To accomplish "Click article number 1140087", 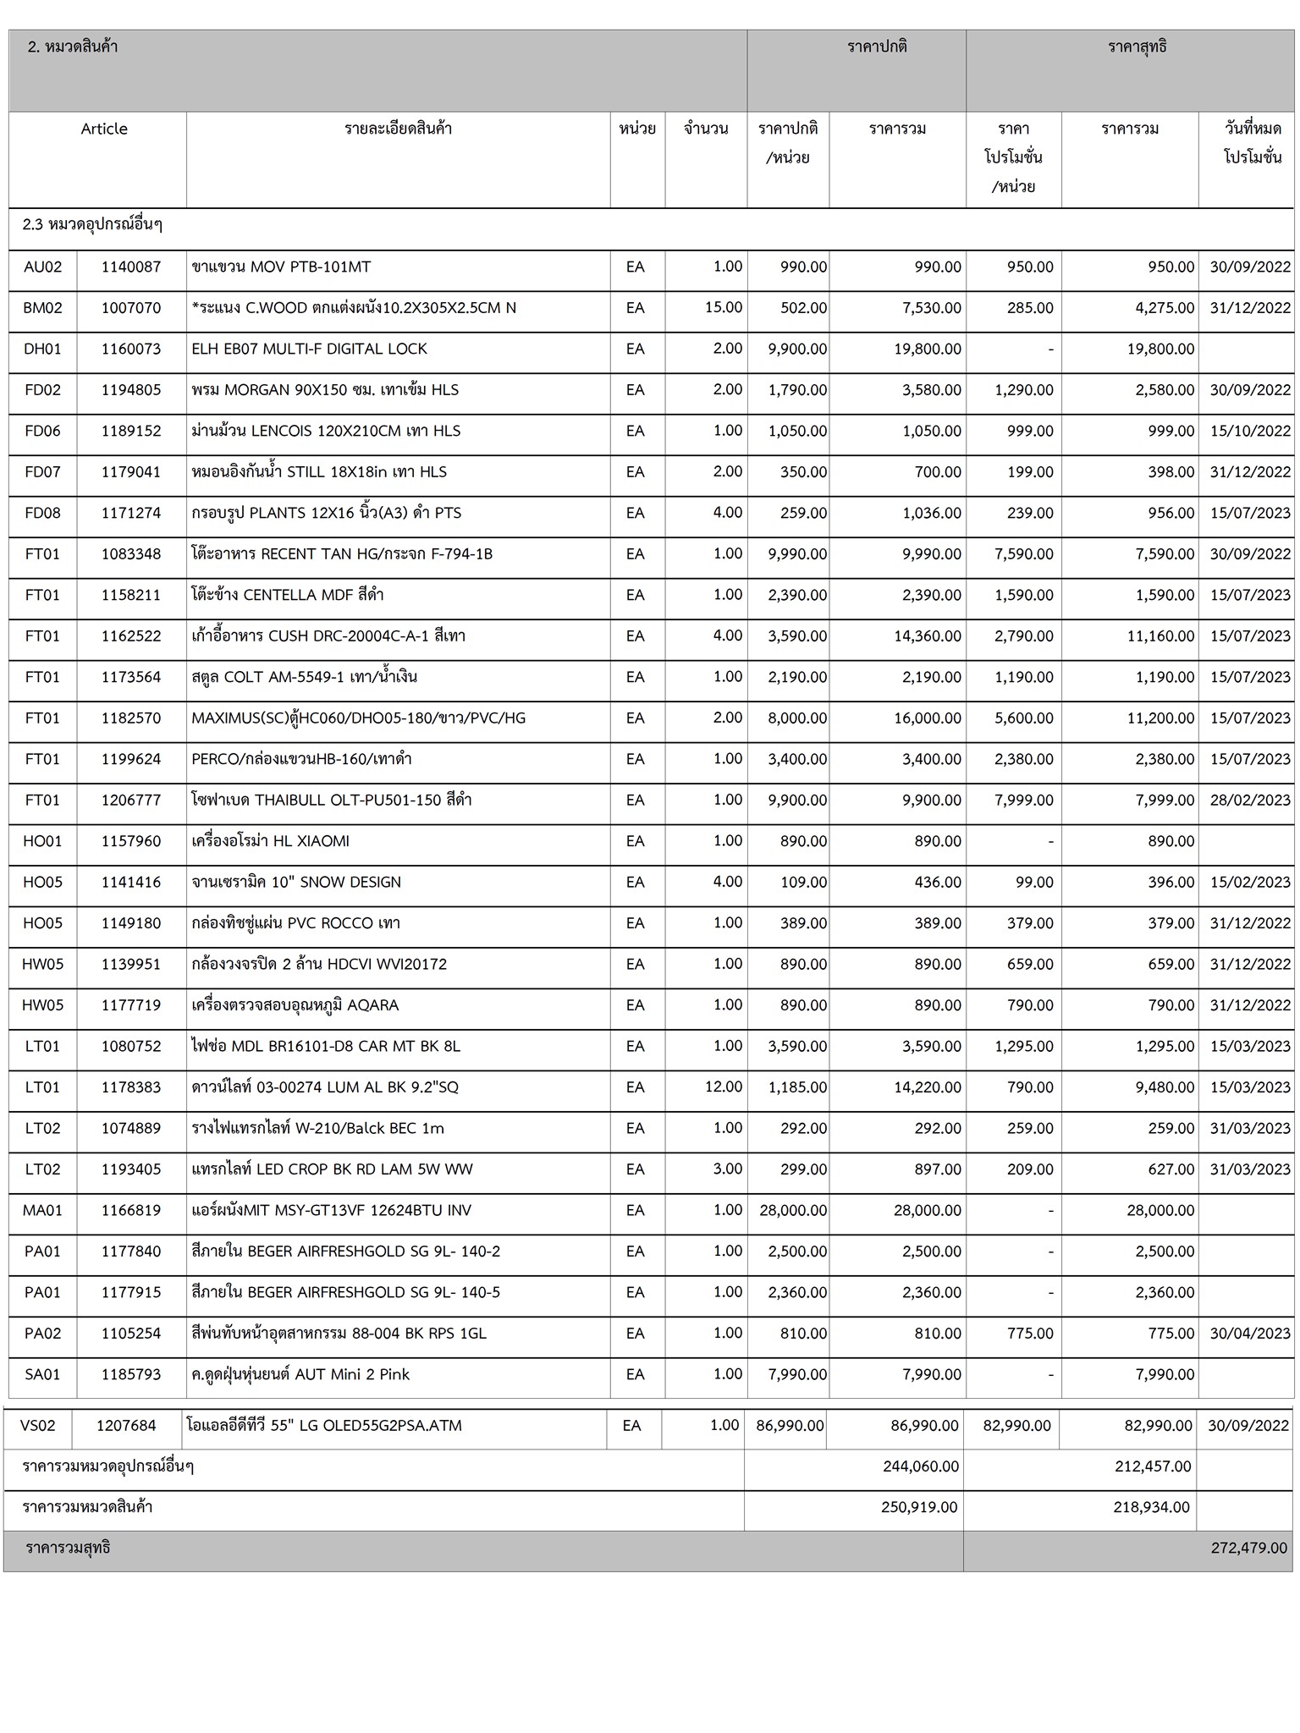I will [131, 267].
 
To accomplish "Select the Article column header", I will [104, 129].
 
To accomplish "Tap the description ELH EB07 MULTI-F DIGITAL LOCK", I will [309, 349].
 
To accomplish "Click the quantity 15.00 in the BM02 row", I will [724, 307].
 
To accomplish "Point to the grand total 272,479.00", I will [1248, 1548].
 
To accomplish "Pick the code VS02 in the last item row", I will [38, 1425].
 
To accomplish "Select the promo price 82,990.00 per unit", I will [1016, 1425].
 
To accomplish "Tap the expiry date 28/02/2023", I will [1250, 800].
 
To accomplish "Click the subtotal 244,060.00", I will [921, 1466].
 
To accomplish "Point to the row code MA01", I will [42, 1210].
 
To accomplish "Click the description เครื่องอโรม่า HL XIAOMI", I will [270, 841].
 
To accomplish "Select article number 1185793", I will [131, 1374].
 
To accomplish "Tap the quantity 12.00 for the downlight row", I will [724, 1087].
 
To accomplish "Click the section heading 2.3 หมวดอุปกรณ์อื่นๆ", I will [92, 224].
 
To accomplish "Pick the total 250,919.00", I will [919, 1506].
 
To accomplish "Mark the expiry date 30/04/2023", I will [1250, 1333].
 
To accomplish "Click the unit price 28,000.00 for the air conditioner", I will [793, 1210].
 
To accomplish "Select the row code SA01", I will [42, 1374].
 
